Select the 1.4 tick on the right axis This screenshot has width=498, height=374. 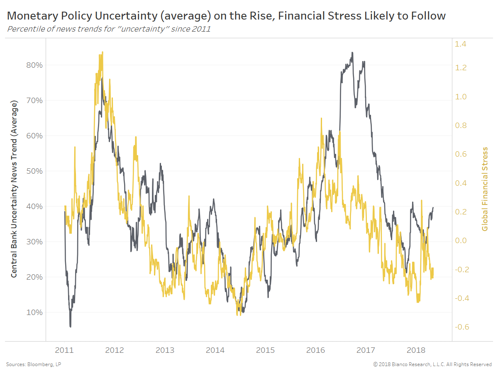click(461, 44)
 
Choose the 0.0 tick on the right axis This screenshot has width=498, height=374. click(461, 241)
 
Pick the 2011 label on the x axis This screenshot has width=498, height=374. click(64, 350)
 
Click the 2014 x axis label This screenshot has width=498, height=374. click(215, 350)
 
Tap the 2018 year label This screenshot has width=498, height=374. click(416, 350)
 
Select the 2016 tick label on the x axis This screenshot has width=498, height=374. click(315, 350)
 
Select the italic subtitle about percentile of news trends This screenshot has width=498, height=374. click(109, 29)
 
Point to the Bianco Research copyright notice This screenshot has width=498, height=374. click(432, 364)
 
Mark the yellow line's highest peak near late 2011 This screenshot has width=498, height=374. click(103, 52)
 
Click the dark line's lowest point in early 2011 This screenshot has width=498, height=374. click(70, 327)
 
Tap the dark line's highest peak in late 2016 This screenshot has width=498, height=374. click(352, 53)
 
